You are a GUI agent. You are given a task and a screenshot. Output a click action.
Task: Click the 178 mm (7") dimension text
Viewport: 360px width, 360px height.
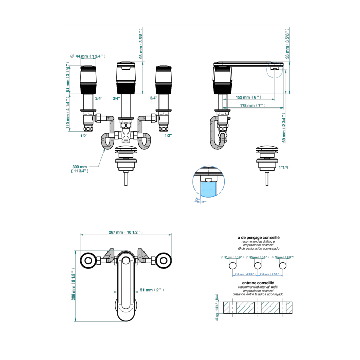coord(252,105)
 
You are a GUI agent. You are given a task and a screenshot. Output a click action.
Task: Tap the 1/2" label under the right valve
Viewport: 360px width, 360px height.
coord(168,136)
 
